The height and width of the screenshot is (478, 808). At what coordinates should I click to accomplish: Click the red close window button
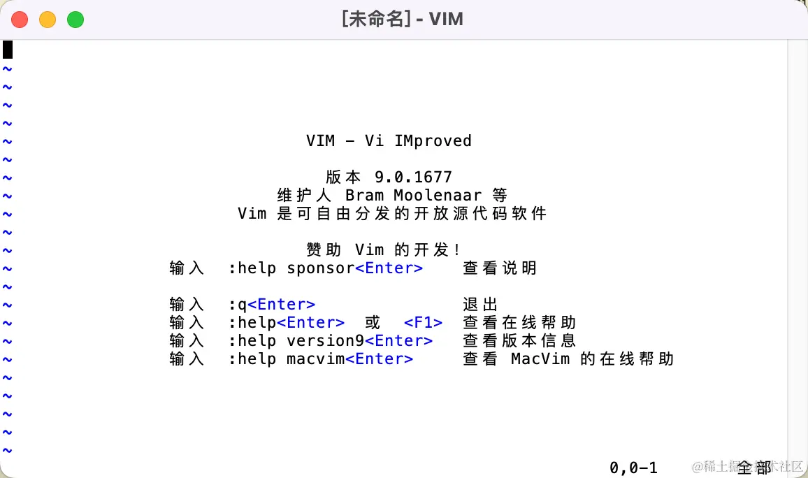[x=20, y=20]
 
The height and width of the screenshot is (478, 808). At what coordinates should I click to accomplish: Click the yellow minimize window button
[x=48, y=20]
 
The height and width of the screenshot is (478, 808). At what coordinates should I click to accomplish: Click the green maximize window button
[x=75, y=20]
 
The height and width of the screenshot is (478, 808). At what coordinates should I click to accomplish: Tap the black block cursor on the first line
[x=8, y=50]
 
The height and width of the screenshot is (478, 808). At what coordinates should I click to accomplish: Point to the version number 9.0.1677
[x=413, y=178]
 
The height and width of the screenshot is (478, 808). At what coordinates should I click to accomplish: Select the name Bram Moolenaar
[x=413, y=196]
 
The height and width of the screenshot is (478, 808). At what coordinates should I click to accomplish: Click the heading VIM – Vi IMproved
[x=389, y=141]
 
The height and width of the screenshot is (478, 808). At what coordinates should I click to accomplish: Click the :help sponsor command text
[x=291, y=268]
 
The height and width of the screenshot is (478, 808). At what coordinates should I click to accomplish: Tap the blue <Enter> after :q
[x=282, y=305]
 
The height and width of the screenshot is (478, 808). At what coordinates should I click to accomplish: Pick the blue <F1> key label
[x=424, y=323]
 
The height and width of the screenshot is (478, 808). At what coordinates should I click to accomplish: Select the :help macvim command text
[x=287, y=359]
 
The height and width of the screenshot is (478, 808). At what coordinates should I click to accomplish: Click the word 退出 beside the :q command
[x=480, y=305]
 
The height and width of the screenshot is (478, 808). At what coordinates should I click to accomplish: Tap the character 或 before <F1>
[x=373, y=323]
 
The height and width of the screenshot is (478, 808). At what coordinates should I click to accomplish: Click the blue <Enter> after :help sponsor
[x=389, y=268]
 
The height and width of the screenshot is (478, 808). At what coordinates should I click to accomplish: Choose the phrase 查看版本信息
[x=519, y=341]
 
